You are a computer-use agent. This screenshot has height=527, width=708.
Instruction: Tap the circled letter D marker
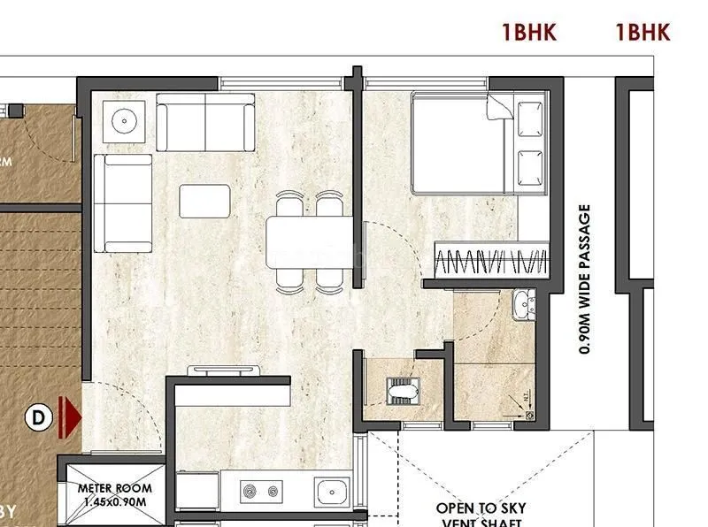[38, 416]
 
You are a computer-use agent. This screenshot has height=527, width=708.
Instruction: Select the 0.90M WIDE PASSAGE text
[585, 279]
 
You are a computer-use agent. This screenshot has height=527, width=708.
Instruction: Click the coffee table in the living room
[204, 201]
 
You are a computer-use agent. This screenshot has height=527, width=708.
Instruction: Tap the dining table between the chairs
[306, 241]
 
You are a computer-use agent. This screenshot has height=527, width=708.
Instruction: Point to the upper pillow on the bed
[532, 117]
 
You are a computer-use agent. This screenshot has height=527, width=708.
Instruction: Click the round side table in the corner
[123, 118]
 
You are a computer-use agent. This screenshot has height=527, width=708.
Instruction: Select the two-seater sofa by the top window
[204, 121]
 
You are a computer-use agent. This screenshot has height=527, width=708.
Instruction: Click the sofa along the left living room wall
[123, 202]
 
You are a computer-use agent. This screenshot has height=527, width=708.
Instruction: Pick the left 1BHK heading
[528, 34]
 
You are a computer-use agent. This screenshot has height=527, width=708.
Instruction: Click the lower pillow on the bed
[532, 164]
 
